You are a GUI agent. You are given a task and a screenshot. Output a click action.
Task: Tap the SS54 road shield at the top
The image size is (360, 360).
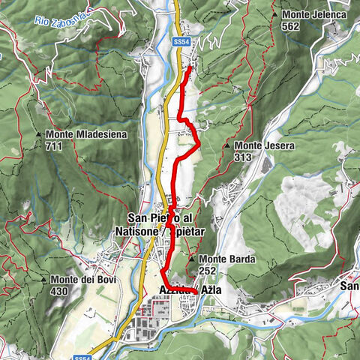tap(180, 43)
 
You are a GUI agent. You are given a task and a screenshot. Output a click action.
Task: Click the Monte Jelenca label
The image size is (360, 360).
tap(307, 14)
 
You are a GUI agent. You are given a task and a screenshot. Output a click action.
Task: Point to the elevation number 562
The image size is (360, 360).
tap(292, 25)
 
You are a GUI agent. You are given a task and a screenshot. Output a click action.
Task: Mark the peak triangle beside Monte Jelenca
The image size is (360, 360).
tap(277, 14)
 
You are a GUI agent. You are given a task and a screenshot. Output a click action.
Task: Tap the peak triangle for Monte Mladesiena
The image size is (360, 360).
tap(39, 134)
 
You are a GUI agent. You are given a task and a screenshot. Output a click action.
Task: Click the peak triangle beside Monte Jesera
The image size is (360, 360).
tap(227, 145)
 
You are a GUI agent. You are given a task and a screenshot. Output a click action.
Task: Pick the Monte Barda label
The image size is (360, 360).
tap(227, 259)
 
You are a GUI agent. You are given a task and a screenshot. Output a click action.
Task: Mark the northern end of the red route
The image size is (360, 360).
tap(188, 68)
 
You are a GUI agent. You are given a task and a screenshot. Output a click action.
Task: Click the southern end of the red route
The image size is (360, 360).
tap(196, 290)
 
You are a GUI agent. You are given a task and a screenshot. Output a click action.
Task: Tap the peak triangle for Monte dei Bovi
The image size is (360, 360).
tap(46, 280)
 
